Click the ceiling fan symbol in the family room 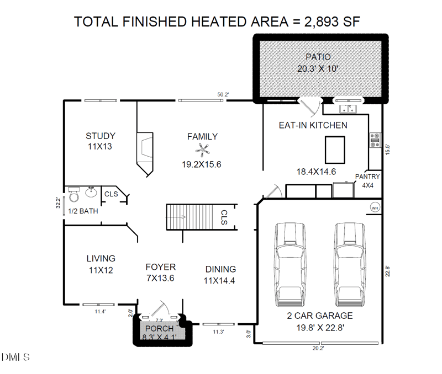tap(202, 149)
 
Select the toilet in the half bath tap(74, 194)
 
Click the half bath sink tap(91, 193)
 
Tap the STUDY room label tap(100, 136)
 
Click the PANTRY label tap(367, 177)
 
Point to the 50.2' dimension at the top tap(223, 95)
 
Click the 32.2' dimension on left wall tap(57, 202)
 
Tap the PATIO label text tap(318, 57)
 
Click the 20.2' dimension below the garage tap(318, 349)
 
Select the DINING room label tap(220, 269)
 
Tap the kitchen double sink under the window tap(348, 108)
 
